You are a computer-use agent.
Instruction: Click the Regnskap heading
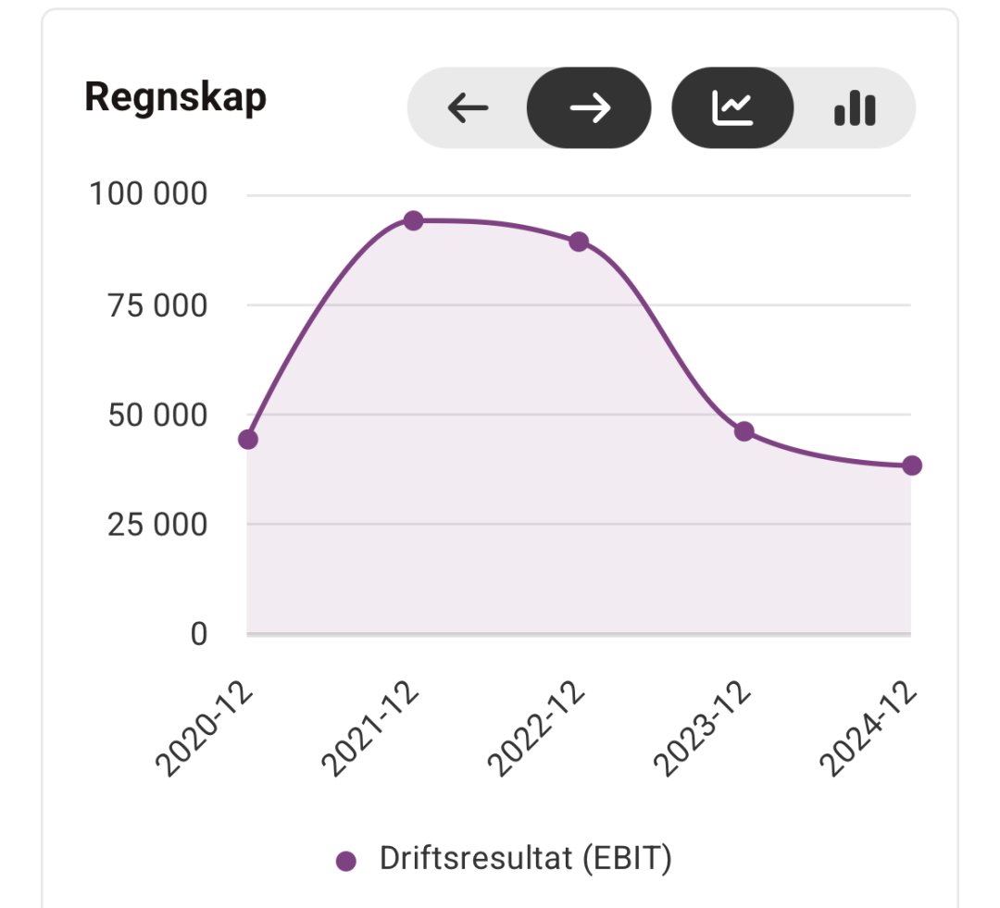(x=175, y=97)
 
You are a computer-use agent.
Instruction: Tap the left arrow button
(x=468, y=108)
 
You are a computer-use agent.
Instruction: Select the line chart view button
(x=732, y=108)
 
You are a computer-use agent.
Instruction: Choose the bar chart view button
(x=854, y=108)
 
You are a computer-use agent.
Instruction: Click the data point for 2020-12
(x=248, y=439)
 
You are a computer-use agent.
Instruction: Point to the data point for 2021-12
(x=414, y=220)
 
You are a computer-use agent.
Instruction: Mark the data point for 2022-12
(x=579, y=242)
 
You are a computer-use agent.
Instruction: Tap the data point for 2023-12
(x=744, y=431)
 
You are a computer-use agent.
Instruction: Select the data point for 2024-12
(x=912, y=465)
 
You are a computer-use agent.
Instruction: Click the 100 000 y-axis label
(x=148, y=195)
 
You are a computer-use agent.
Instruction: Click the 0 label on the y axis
(x=198, y=635)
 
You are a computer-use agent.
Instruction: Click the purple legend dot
(x=346, y=861)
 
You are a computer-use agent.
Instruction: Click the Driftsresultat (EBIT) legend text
(x=525, y=858)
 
